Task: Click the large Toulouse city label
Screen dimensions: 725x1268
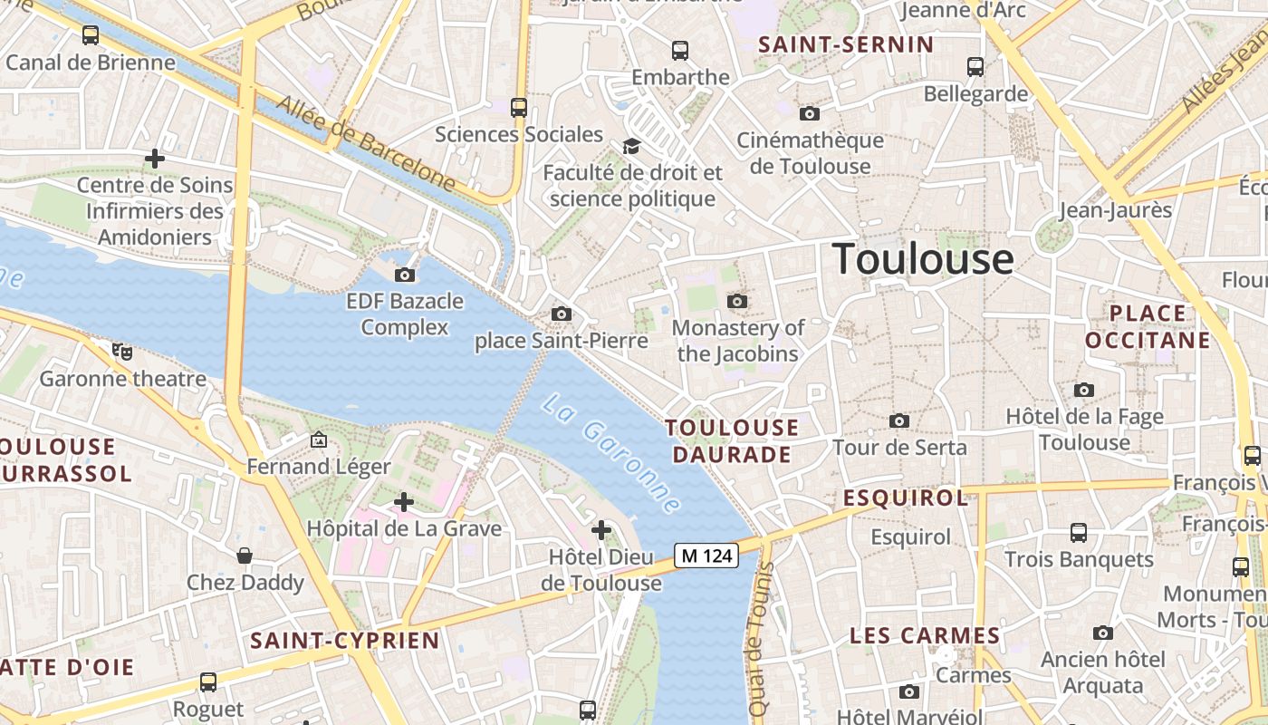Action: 923,259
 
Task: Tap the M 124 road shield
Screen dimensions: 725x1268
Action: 706,556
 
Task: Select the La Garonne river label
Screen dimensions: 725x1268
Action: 610,452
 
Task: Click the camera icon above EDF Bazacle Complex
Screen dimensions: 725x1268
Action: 405,275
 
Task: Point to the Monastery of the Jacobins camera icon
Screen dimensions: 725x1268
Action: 737,301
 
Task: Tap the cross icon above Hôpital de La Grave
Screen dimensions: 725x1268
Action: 404,501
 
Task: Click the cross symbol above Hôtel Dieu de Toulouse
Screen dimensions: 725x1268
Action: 600,530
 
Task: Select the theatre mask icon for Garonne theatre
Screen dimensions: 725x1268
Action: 122,351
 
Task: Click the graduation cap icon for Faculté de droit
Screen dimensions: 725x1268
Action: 631,146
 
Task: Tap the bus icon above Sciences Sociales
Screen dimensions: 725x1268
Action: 519,107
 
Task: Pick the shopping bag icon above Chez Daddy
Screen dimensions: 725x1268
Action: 245,555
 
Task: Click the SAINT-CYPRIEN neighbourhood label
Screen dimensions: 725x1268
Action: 345,641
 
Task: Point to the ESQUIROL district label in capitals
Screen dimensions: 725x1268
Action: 906,498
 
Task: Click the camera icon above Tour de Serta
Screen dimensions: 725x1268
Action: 898,420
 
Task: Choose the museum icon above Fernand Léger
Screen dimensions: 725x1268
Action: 319,440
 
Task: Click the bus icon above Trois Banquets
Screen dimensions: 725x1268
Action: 1079,532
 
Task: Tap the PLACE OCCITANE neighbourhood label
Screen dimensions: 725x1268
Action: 1147,326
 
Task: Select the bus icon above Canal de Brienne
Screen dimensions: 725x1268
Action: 91,35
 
